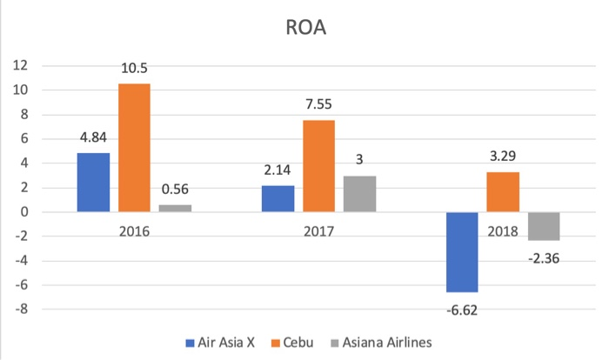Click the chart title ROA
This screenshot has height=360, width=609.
304,28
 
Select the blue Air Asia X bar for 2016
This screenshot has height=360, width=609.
93,182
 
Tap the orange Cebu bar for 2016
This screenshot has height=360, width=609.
134,148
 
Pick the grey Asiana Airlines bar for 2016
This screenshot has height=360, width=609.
175,208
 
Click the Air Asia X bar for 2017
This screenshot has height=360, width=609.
278,198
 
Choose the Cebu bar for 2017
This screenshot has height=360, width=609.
318,165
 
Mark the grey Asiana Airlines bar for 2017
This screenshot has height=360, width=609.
359,193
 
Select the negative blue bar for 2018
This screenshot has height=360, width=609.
462,252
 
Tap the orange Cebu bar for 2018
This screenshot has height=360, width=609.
503,191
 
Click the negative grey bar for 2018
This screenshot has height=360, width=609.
544,226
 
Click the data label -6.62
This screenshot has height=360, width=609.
462,307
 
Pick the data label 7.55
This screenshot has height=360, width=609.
318,105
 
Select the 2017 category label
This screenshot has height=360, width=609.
318,232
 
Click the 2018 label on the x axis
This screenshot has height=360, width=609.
503,232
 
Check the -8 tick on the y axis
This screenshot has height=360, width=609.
22,309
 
